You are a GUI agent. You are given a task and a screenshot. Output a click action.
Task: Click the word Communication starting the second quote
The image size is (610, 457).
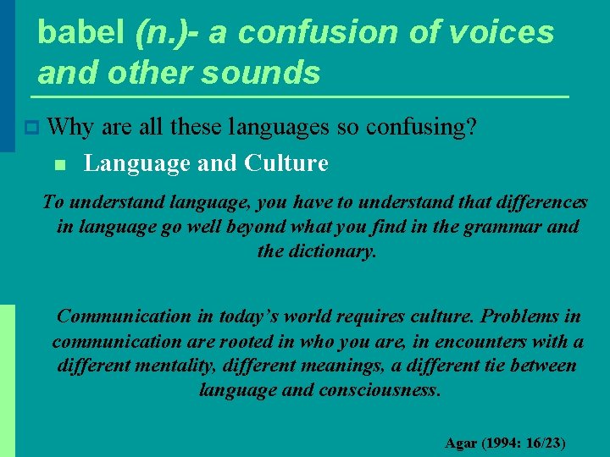[124, 317]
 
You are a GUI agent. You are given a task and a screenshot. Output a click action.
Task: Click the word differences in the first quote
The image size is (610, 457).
[542, 202]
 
